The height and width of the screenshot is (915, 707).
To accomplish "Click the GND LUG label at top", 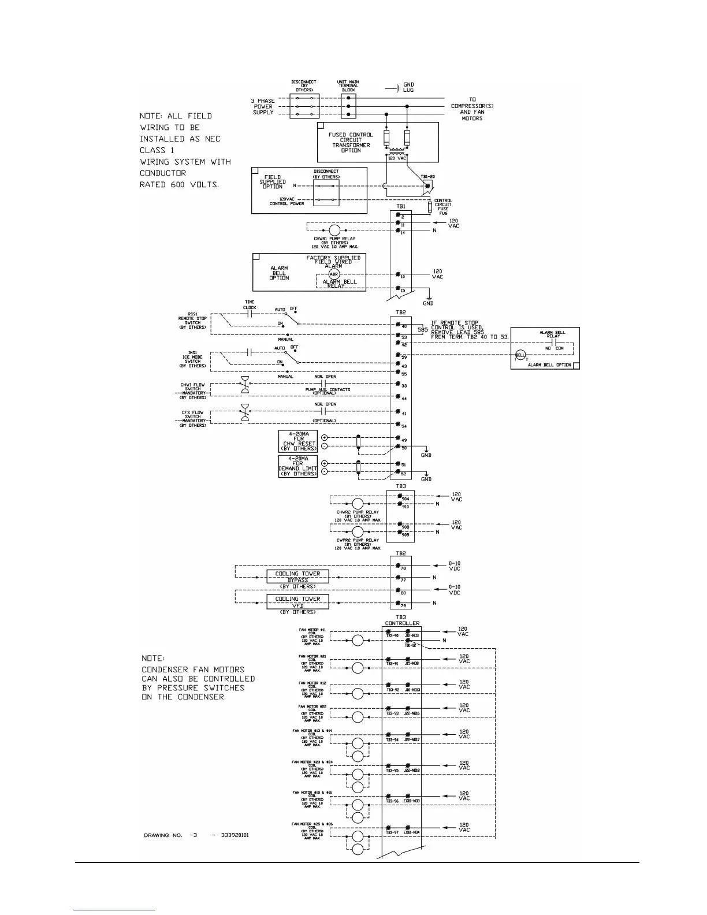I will point(408,87).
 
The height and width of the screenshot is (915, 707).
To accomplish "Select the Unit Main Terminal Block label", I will point(348,85).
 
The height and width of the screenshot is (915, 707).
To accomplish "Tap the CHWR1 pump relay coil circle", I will point(335,230).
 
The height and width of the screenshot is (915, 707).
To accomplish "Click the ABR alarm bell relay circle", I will point(334,274).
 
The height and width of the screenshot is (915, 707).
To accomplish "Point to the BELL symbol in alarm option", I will point(520,355).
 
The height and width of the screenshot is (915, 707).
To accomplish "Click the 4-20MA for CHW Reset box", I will point(298,441).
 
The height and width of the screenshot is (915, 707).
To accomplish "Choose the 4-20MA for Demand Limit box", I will point(298,466).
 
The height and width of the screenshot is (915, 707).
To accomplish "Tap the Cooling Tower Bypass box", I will point(297,576).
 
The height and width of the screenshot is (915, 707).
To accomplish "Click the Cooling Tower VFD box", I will point(297,601).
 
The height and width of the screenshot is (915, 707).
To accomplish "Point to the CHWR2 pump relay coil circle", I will point(358,503).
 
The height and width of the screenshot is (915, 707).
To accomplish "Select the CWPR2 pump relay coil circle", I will point(358,531).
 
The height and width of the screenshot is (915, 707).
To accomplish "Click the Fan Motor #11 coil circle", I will point(358,641).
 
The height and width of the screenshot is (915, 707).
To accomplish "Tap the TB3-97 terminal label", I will point(392,832).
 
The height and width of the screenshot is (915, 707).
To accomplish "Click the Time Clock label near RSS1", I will point(250,304).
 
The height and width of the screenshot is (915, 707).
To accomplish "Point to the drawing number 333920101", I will point(235,835).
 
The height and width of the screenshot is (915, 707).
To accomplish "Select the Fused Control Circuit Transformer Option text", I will point(351,142).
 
